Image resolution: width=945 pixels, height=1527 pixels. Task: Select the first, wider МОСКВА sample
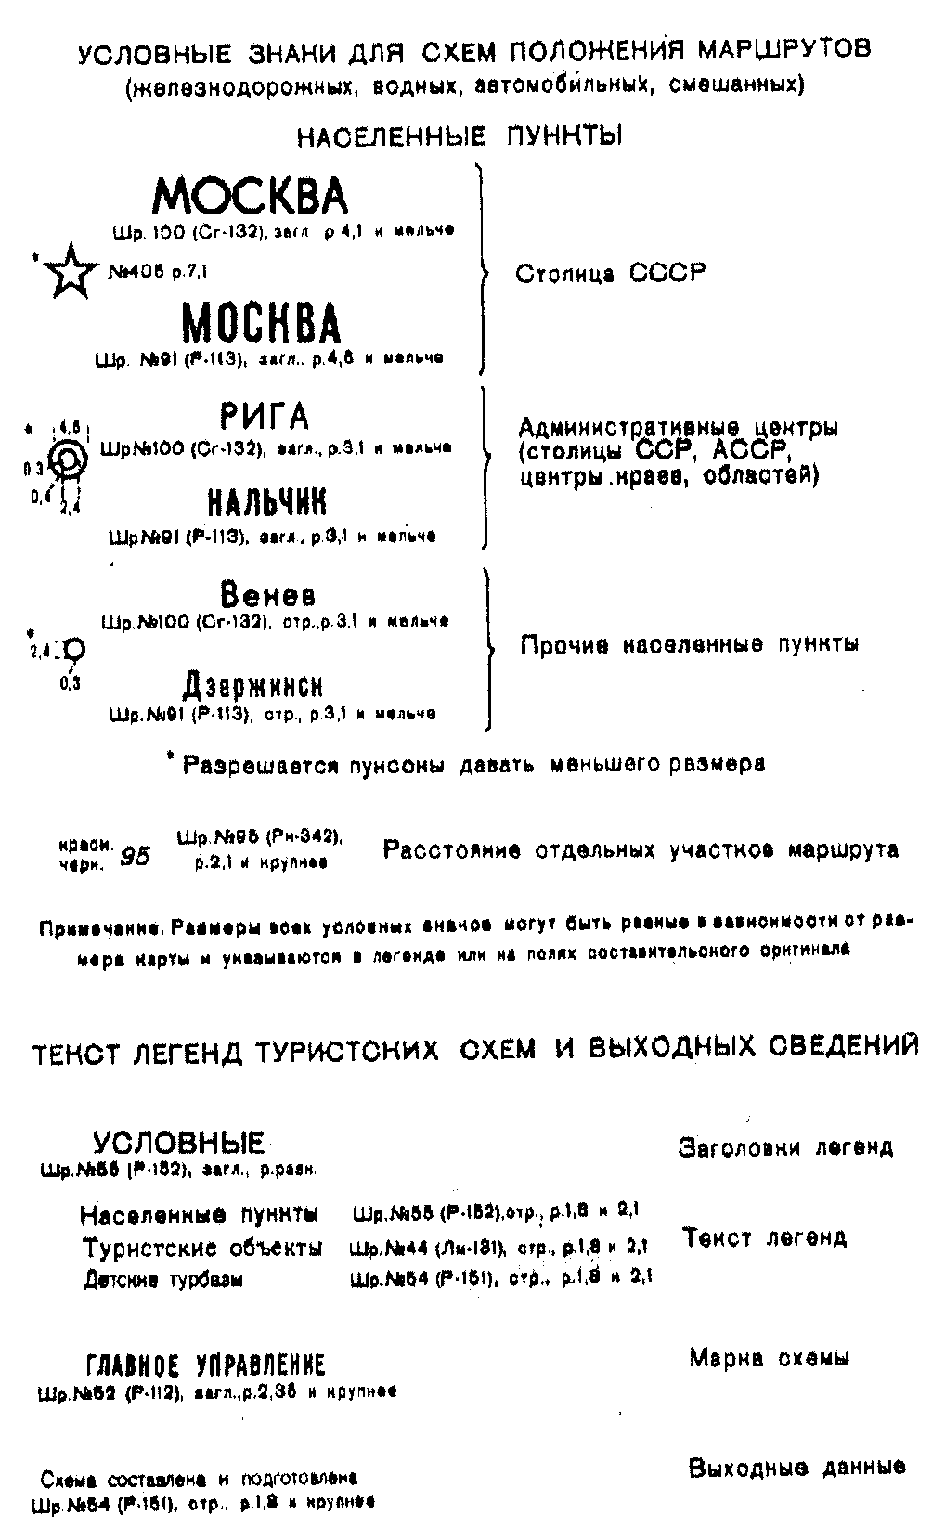(251, 196)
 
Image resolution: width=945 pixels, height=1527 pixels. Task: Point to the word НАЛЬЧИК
(267, 503)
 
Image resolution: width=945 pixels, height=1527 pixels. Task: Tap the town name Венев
(267, 594)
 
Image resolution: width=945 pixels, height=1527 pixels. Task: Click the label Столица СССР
(610, 274)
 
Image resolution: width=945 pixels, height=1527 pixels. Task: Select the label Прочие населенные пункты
(689, 644)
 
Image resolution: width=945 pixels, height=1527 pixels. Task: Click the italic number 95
(136, 856)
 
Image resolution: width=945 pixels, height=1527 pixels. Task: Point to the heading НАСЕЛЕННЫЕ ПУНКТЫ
(459, 136)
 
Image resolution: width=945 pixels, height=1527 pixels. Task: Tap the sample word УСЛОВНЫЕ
(178, 1143)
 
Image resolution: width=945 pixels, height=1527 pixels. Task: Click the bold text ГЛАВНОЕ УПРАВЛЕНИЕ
(205, 1365)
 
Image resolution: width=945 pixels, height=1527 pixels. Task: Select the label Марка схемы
(769, 1359)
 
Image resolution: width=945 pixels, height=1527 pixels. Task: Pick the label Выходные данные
(796, 1469)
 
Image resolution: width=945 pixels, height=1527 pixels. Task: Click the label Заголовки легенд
(785, 1147)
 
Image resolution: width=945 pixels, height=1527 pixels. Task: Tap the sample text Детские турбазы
(163, 1280)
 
